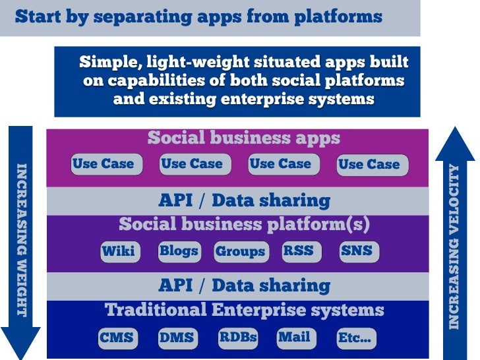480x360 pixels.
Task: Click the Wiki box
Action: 119,251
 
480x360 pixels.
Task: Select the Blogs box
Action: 179,251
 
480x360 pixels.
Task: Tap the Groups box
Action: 241,252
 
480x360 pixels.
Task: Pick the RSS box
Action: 298,251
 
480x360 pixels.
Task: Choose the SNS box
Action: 357,251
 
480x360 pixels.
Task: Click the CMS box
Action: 117,338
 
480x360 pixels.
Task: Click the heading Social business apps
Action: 243,138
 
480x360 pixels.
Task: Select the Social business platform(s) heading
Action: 244,224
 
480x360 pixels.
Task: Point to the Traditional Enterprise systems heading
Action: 244,309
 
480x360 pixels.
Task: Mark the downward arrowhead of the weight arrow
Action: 22,342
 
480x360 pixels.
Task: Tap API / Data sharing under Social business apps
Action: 244,200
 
